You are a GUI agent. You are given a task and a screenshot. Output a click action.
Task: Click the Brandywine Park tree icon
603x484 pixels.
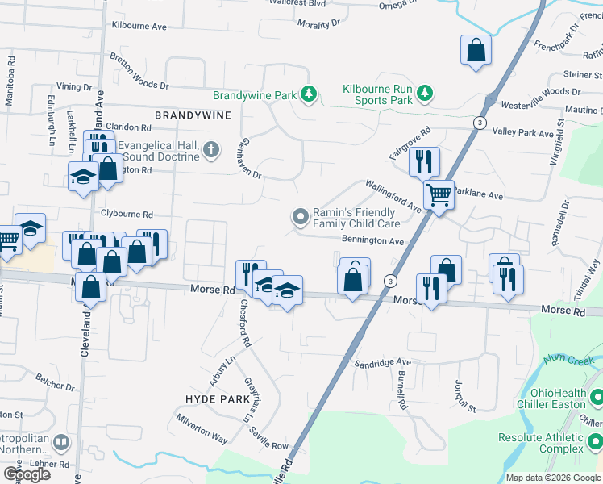tap(307, 95)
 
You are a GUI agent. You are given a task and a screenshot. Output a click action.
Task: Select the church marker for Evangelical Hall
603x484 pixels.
tap(210, 149)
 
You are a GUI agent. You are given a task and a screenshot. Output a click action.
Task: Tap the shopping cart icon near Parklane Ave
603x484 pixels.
tap(439, 194)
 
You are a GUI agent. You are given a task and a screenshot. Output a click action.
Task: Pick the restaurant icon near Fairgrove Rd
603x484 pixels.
tap(423, 161)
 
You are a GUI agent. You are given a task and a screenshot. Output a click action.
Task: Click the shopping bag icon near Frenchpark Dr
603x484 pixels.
tap(476, 50)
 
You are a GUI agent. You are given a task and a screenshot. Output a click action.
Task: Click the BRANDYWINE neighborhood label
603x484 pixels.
tap(193, 115)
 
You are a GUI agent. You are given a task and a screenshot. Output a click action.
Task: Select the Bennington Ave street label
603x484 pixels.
tap(372, 241)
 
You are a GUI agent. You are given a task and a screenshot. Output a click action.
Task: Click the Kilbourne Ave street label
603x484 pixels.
tap(139, 27)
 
